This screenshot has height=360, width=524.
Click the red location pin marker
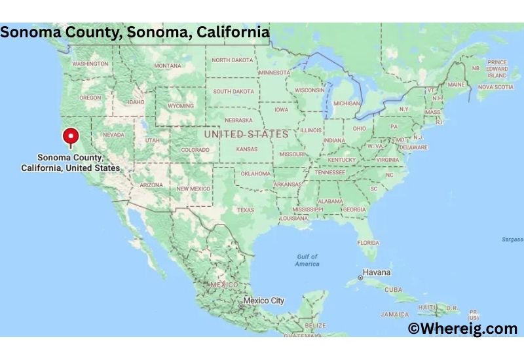tap(70, 137)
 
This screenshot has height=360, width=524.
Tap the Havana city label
tap(377, 272)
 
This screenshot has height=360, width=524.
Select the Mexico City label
tap(265, 300)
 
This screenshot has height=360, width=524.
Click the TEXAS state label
tap(245, 210)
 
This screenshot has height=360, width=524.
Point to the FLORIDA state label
tap(367, 242)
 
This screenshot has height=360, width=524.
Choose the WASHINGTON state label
tap(90, 63)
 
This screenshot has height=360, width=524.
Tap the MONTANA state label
tap(168, 66)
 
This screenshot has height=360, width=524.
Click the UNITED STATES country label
tap(246, 134)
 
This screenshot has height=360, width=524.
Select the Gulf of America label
tap(307, 260)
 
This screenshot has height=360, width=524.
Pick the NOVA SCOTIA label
tap(495, 87)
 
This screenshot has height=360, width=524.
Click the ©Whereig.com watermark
tap(462, 329)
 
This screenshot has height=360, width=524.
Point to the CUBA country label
tap(393, 289)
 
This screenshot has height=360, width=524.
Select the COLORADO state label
tap(195, 150)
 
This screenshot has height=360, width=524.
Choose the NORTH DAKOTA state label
tap(232, 60)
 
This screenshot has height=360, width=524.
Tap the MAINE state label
tap(456, 85)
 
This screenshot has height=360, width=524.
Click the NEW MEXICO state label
tap(193, 189)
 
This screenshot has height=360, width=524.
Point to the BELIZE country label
tap(315, 325)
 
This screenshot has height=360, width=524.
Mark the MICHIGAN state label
tap(346, 103)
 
